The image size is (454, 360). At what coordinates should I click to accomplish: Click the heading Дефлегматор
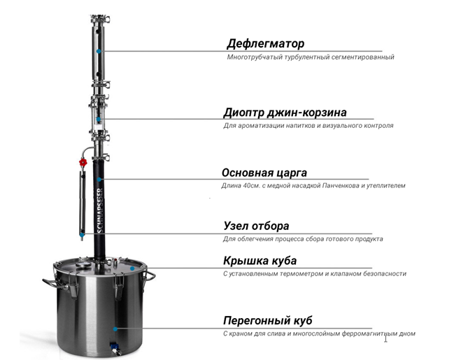click(x=265, y=44)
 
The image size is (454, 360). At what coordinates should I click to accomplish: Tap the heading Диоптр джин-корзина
click(x=285, y=113)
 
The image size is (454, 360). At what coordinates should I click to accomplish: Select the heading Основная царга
click(x=264, y=173)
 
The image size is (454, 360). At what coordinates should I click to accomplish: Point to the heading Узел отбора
click(x=256, y=226)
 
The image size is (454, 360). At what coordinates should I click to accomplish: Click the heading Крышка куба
click(x=260, y=261)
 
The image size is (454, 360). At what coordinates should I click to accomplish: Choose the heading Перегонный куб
click(x=268, y=321)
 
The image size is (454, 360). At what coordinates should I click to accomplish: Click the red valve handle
click(x=83, y=162)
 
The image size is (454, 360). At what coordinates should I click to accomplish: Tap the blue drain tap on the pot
click(x=114, y=345)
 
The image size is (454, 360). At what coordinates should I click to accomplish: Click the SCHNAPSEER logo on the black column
click(x=100, y=210)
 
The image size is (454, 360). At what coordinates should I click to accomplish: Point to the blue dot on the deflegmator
click(x=99, y=51)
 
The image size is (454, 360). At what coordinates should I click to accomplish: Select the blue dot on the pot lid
click(x=132, y=268)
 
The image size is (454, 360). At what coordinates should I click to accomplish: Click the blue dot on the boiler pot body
click(x=115, y=329)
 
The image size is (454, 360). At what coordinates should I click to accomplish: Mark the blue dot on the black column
click(x=99, y=180)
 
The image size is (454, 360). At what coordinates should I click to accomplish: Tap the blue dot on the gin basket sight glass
click(x=99, y=120)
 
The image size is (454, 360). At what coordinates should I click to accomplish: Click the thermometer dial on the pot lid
click(x=83, y=264)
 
